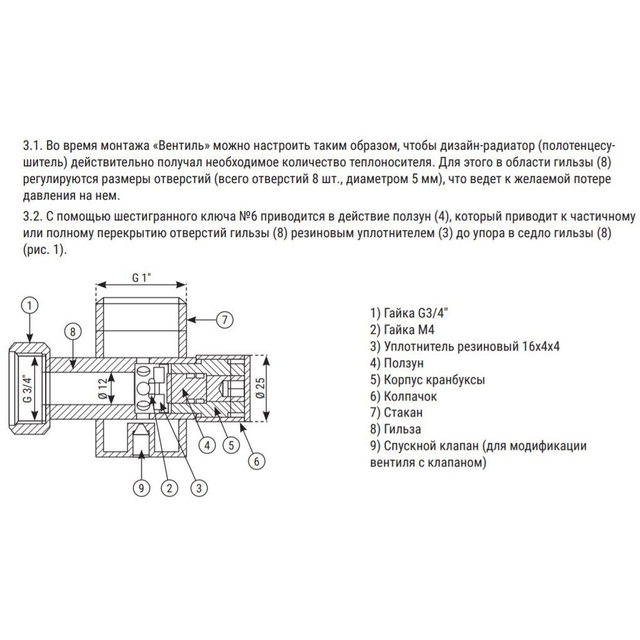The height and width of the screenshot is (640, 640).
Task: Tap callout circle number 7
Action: click(x=224, y=319)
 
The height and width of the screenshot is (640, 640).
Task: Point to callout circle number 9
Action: click(x=142, y=487)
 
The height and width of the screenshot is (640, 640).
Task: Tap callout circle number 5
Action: click(x=231, y=446)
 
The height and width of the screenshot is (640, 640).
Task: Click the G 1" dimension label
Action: click(x=141, y=279)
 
